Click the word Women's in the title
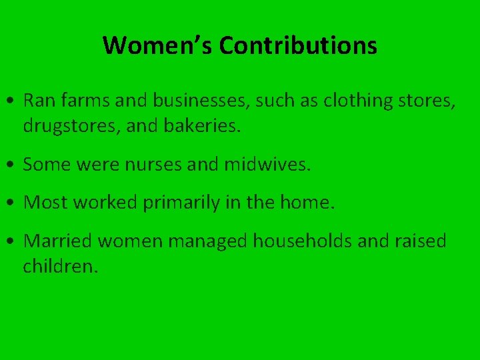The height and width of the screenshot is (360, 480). tap(157, 46)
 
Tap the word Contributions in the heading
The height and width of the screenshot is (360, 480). tap(297, 46)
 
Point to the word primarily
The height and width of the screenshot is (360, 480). tap(180, 203)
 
